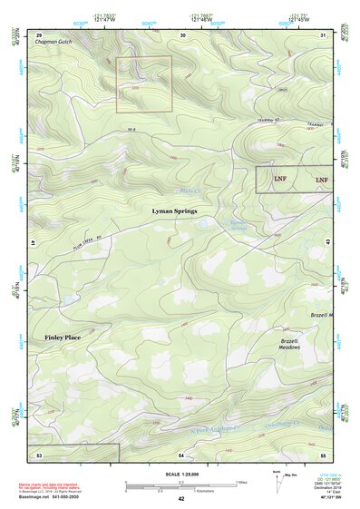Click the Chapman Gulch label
click(52, 43)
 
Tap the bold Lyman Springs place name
click(173, 210)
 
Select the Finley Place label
click(63, 338)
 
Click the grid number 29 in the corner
click(39, 34)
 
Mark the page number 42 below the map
click(181, 499)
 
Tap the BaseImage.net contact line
click(56, 496)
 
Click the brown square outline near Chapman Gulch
click(143, 84)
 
